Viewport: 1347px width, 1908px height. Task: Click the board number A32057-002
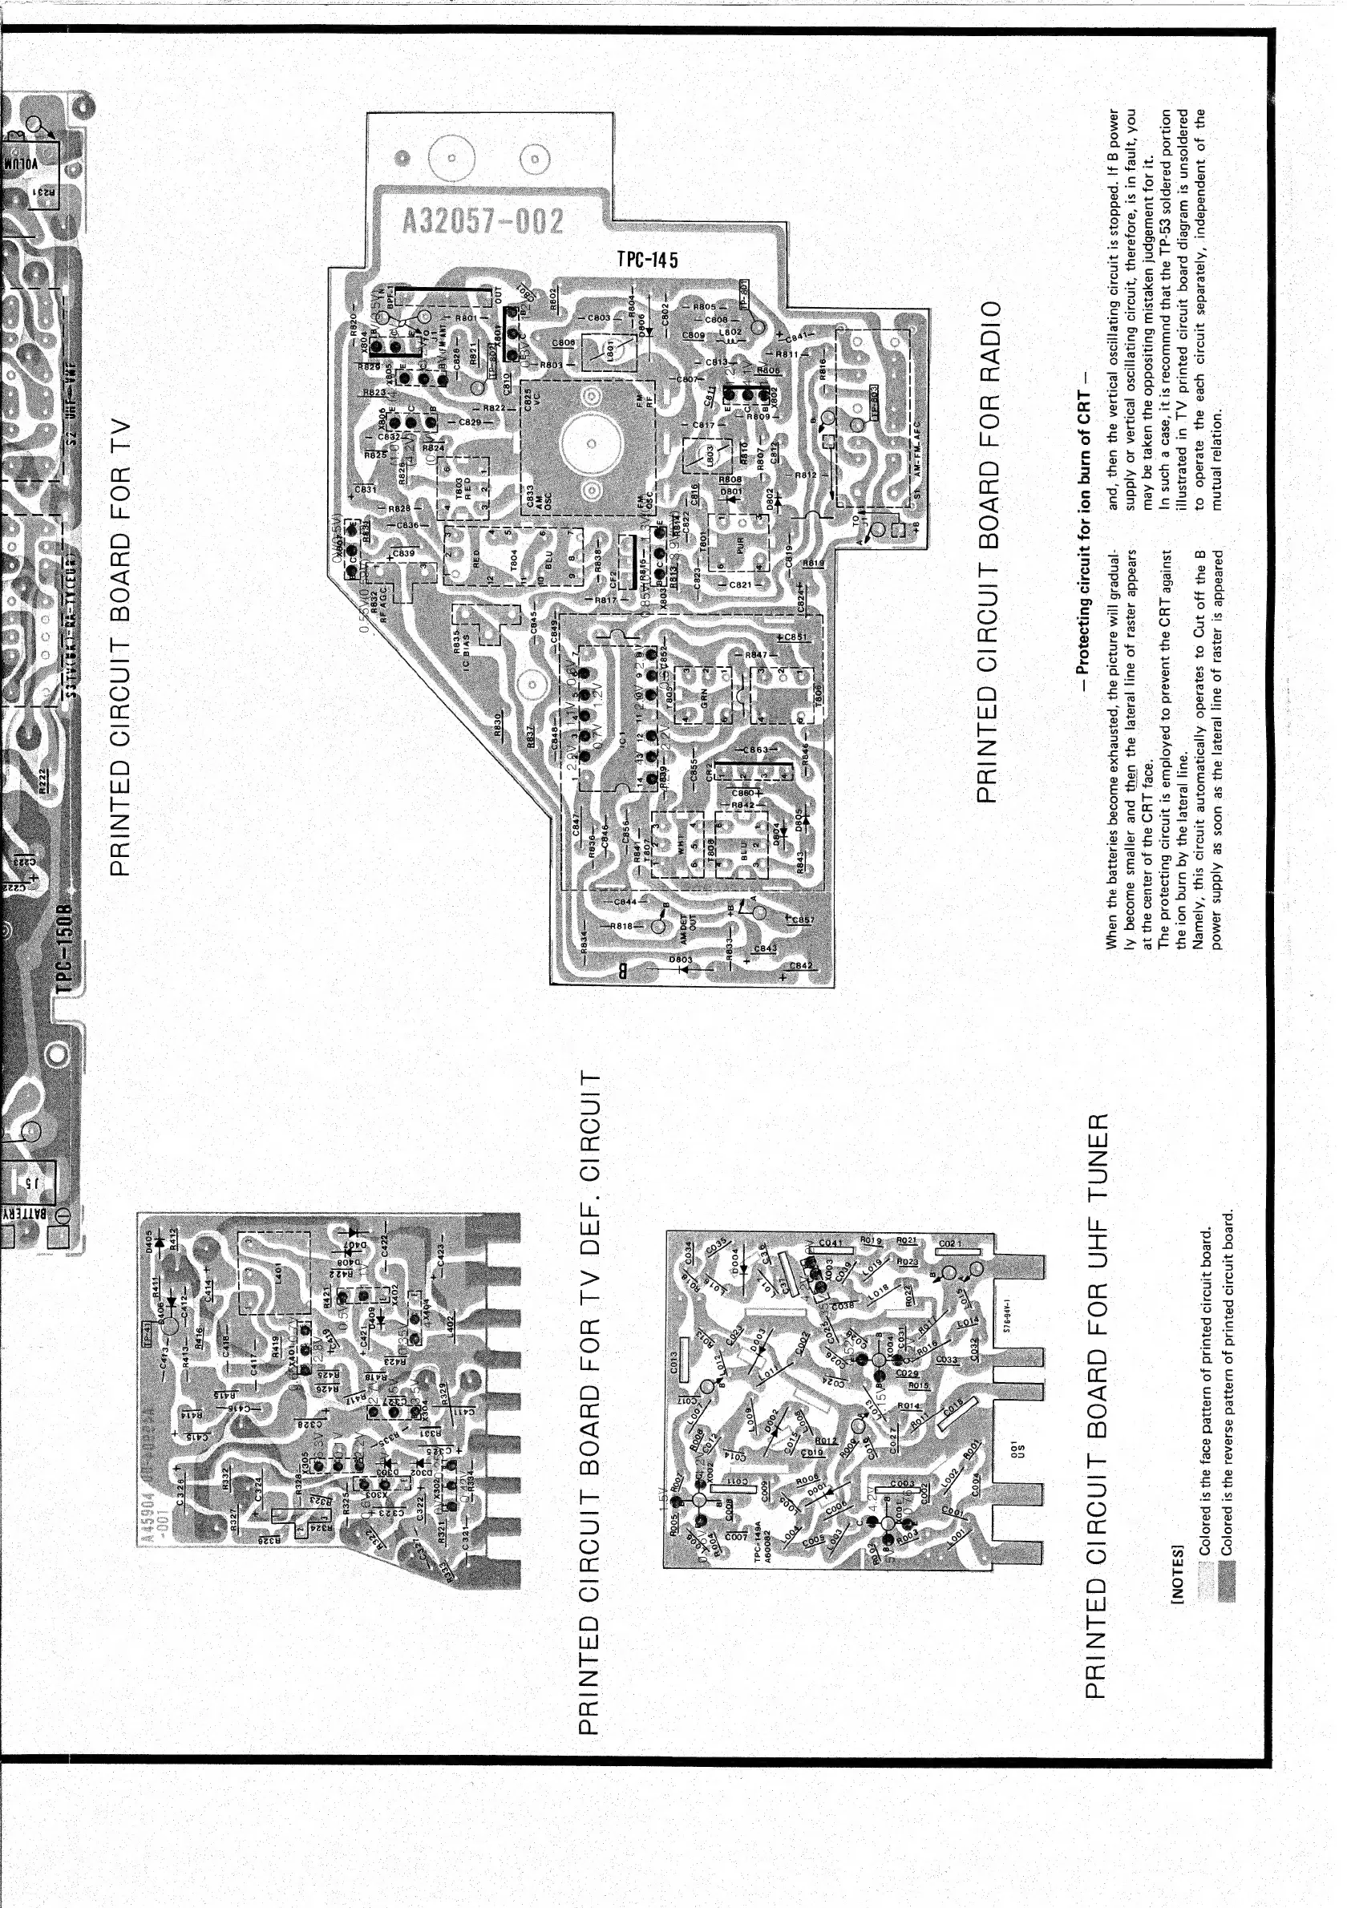[483, 221]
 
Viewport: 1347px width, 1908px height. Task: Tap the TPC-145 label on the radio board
[647, 259]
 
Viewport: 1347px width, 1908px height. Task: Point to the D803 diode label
[681, 960]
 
